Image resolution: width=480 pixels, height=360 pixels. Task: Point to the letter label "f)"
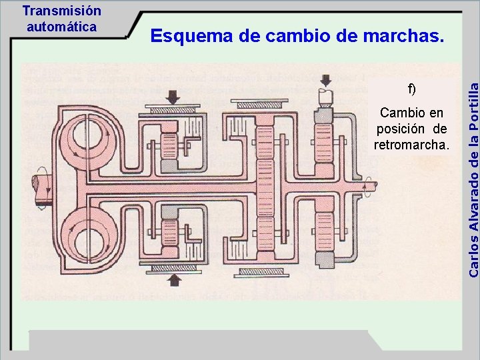[x=411, y=89]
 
